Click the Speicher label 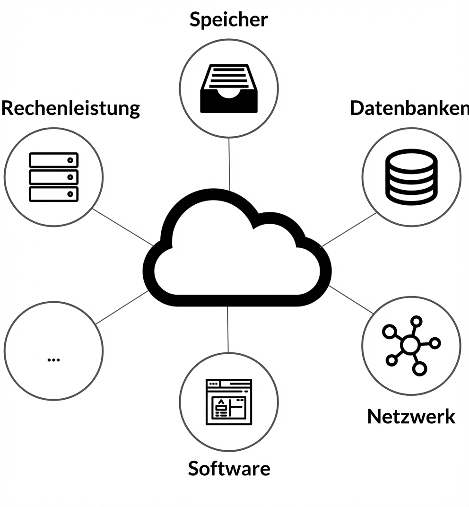pos(229,20)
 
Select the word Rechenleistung pos(70,108)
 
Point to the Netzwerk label pos(411,417)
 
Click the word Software pos(229,468)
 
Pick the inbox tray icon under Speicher pos(229,88)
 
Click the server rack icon pos(53,177)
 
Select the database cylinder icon pos(411,177)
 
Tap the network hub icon pos(410,346)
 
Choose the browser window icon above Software pos(229,402)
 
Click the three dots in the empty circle pos(53,359)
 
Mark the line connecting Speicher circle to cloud pos(229,163)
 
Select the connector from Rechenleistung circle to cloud pos(123,227)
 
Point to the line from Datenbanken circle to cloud pos(349,230)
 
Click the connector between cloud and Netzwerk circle pos(351,299)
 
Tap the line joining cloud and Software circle pos(228,329)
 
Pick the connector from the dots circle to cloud pos(122,307)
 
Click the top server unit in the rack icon pos(53,160)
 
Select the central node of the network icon pos(409,346)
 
